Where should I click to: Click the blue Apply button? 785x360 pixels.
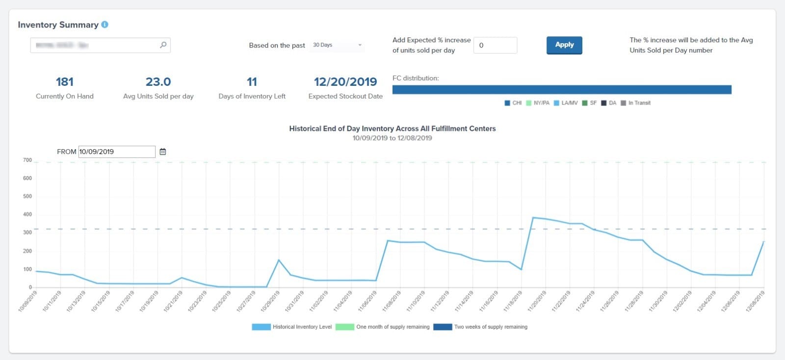pyautogui.click(x=564, y=45)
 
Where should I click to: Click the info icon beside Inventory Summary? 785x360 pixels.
pyautogui.click(x=105, y=25)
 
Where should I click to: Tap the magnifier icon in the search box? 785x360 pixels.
pyautogui.click(x=163, y=45)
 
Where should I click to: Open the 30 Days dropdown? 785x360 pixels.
pyautogui.click(x=337, y=45)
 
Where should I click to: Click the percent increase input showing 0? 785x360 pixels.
pyautogui.click(x=495, y=45)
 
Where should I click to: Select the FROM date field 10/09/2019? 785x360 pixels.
pyautogui.click(x=117, y=152)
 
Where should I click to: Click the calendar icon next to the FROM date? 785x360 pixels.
pyautogui.click(x=163, y=152)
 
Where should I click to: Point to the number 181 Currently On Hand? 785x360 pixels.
pyautogui.click(x=65, y=82)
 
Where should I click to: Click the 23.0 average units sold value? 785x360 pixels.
pyautogui.click(x=158, y=82)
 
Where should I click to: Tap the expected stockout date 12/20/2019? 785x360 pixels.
pyautogui.click(x=345, y=82)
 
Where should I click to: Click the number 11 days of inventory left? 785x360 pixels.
pyautogui.click(x=252, y=82)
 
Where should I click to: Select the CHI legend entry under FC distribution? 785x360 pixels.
pyautogui.click(x=513, y=103)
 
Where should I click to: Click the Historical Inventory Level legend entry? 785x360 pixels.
pyautogui.click(x=292, y=327)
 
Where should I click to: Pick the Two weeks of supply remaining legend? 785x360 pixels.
pyautogui.click(x=481, y=327)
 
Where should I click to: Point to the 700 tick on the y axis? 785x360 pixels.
pyautogui.click(x=27, y=160)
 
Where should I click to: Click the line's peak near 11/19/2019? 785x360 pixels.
pyautogui.click(x=533, y=218)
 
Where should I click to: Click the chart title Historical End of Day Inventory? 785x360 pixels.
pyautogui.click(x=392, y=129)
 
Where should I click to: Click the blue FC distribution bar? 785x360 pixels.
pyautogui.click(x=562, y=90)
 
